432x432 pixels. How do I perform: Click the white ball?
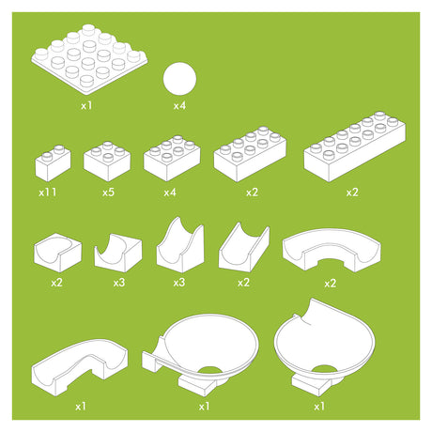point(179,79)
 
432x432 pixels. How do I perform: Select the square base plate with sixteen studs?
point(89,59)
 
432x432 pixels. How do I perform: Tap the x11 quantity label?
point(48,193)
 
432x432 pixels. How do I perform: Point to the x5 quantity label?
point(108,193)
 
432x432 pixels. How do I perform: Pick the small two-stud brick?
point(53,163)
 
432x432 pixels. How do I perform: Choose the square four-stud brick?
point(107,162)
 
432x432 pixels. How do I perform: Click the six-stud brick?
point(172,159)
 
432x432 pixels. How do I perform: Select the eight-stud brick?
point(250,154)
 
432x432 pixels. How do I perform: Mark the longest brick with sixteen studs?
point(355,147)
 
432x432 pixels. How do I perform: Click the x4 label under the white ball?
point(179,106)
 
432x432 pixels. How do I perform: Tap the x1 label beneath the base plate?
point(86,106)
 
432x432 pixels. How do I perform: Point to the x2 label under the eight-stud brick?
point(252,193)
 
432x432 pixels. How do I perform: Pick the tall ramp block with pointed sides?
point(180,245)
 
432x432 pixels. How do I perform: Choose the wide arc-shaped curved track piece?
point(332,251)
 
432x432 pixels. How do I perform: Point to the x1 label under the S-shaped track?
point(81,407)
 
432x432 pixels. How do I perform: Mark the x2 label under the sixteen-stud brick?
point(352,193)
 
